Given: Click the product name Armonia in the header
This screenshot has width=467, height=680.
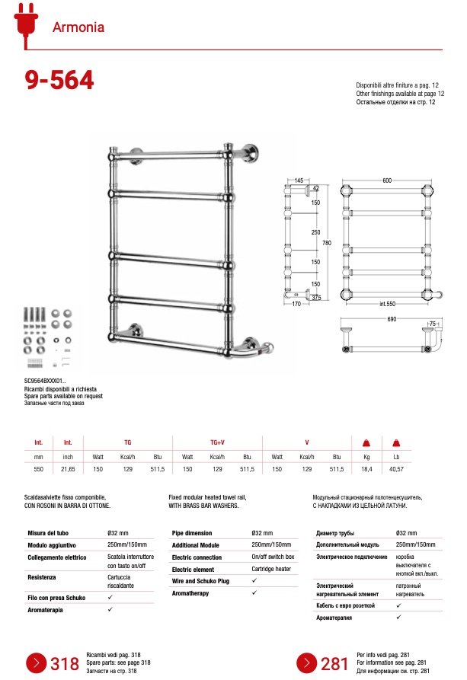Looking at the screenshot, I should (78, 29).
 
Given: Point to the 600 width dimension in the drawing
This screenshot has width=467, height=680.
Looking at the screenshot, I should (386, 180).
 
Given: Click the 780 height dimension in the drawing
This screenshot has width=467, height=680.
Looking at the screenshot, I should (327, 243).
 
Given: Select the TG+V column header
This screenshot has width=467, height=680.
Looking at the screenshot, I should (217, 442).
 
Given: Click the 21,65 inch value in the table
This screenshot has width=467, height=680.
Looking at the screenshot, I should (68, 470).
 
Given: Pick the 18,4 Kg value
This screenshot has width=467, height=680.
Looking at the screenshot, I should (366, 470).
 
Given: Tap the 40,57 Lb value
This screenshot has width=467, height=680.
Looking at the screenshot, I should (395, 470).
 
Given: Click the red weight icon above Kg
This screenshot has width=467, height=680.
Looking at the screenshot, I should (366, 443).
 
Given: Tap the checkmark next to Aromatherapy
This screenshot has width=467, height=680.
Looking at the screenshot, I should (254, 592).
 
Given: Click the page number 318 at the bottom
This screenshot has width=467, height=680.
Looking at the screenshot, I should (64, 663).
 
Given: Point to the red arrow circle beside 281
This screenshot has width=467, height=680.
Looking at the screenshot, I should (306, 662).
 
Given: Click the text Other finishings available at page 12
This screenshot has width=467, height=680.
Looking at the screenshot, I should (400, 93).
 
